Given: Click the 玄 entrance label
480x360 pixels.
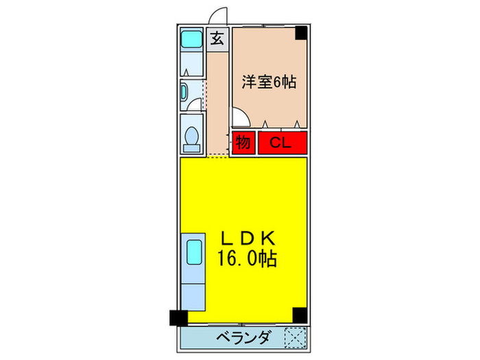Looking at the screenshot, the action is pyautogui.click(x=217, y=39).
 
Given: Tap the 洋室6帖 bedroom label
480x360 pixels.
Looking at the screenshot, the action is pyautogui.click(x=269, y=82).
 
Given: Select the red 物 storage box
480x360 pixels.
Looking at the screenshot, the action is pyautogui.click(x=243, y=143).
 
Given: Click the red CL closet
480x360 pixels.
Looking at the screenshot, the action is pyautogui.click(x=283, y=143).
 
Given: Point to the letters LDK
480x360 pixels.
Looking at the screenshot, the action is pyautogui.click(x=248, y=239).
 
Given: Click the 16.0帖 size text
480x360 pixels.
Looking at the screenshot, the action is pyautogui.click(x=247, y=259).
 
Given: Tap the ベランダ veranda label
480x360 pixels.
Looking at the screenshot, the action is pyautogui.click(x=243, y=337).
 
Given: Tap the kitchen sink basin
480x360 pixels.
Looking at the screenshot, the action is pyautogui.click(x=194, y=252).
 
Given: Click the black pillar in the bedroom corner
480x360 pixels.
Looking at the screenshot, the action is pyautogui.click(x=301, y=34).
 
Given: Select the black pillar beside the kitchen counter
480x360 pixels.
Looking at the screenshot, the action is pyautogui.click(x=179, y=317).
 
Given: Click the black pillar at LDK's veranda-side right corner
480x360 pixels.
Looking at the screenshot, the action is pyautogui.click(x=300, y=315).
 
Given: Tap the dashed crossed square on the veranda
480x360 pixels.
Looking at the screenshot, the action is pyautogui.click(x=296, y=337).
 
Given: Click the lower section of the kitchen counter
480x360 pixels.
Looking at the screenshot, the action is pyautogui.click(x=193, y=297).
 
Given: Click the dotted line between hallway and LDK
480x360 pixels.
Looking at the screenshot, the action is pyautogui.click(x=218, y=157).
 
